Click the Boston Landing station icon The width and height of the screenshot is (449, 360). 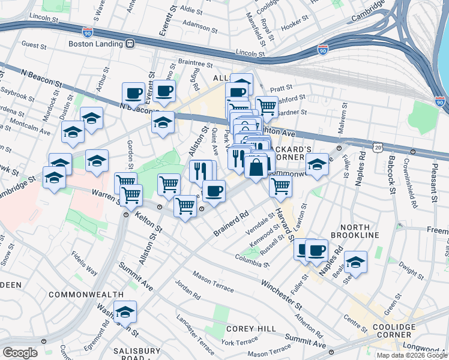pyautogui.click(x=128, y=44)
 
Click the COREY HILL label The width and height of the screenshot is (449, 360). pyautogui.click(x=251, y=329)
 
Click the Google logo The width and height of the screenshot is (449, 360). pyautogui.click(x=20, y=353)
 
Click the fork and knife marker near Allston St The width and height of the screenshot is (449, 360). pyautogui.click(x=199, y=170)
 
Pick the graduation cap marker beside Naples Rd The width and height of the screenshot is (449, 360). pyautogui.click(x=355, y=262)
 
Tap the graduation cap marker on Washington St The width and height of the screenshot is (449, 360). pyautogui.click(x=125, y=312)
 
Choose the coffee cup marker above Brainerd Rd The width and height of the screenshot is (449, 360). pyautogui.click(x=213, y=191)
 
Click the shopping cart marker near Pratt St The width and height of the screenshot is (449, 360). pyautogui.click(x=267, y=107)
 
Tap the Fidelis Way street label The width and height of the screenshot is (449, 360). pyautogui.click(x=85, y=263)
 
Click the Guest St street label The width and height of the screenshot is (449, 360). pyautogui.click(x=34, y=46)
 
